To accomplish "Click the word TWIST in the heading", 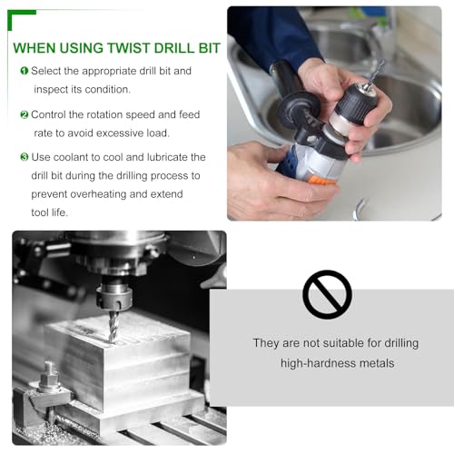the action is (x=128, y=48).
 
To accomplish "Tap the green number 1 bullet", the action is (x=25, y=71).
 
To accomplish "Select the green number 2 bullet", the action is (x=25, y=114).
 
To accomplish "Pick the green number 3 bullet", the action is (x=25, y=157).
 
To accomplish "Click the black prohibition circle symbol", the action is (x=327, y=294).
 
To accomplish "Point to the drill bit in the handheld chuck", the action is (x=374, y=74).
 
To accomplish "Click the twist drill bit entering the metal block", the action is (x=113, y=327).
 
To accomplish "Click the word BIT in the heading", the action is (x=209, y=48).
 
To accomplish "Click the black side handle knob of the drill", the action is (x=298, y=110).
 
